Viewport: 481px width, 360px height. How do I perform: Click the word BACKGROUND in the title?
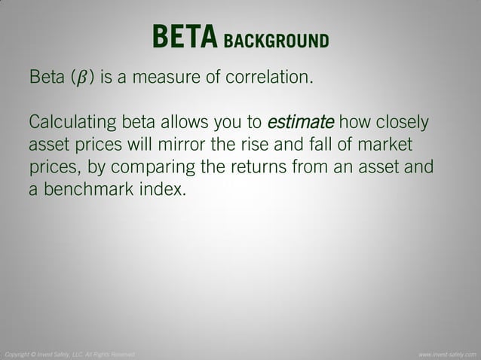(x=276, y=39)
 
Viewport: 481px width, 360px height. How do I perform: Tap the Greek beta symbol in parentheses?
(x=83, y=78)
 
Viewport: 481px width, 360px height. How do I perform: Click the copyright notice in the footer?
(x=69, y=353)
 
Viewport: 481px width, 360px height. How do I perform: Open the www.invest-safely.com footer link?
(x=447, y=353)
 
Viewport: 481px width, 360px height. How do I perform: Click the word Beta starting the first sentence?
(x=47, y=77)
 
